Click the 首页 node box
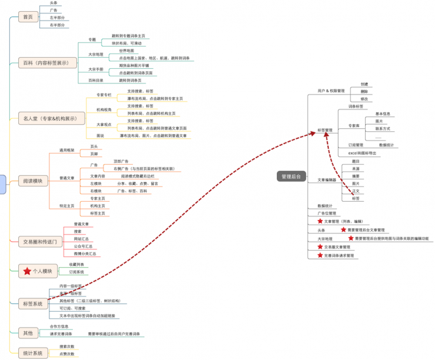pos(28,17)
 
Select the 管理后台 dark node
pos(291,175)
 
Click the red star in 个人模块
pos(27,271)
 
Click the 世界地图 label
pos(126,51)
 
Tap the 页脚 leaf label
pos(93,154)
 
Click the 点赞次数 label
pos(66,354)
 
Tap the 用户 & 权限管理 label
pos(330,91)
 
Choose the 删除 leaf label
pos(364,92)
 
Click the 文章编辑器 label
pos(327,179)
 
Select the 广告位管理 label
pos(327,213)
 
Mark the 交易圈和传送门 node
pos(39,241)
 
